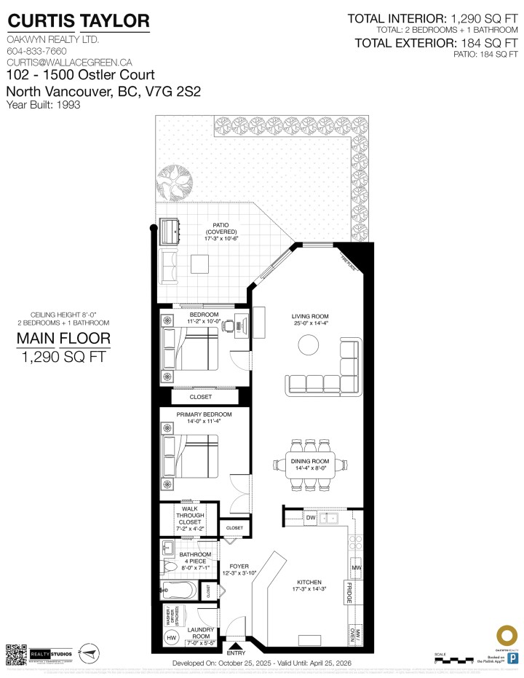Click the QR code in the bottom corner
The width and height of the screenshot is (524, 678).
(x=16, y=654)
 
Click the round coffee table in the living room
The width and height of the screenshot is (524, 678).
(x=310, y=344)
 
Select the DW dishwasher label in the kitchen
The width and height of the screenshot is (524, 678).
(x=311, y=518)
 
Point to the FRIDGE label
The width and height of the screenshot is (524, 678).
(x=350, y=592)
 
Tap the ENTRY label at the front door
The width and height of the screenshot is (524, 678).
(x=237, y=653)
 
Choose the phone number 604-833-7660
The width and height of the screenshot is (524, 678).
(x=36, y=52)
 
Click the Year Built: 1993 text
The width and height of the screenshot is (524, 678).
(x=43, y=105)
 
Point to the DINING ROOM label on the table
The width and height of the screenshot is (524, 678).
(x=311, y=465)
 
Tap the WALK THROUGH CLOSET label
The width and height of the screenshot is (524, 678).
(x=189, y=520)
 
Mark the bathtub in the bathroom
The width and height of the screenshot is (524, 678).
(x=178, y=590)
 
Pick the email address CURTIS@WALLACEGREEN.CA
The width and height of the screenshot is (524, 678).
(x=59, y=63)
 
